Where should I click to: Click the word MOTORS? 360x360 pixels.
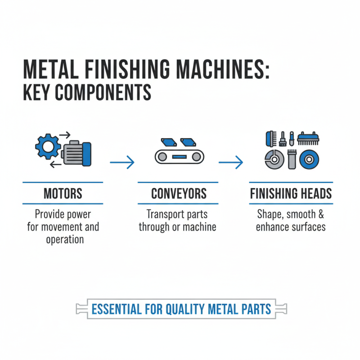pyautogui.click(x=63, y=193)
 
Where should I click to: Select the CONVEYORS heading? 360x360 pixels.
pyautogui.click(x=179, y=193)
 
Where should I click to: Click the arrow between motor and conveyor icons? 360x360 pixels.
pyautogui.click(x=122, y=162)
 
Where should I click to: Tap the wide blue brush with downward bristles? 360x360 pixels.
pyautogui.click(x=307, y=138)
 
